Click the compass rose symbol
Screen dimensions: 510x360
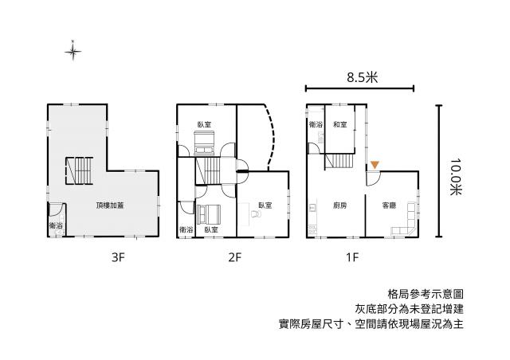(73, 51)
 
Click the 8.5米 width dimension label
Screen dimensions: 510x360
(362, 78)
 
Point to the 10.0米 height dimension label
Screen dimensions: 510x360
(456, 177)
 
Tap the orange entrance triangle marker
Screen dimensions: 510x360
(375, 165)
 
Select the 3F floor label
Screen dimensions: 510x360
(118, 257)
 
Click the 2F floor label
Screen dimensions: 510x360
(235, 257)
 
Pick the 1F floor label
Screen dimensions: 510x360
(352, 257)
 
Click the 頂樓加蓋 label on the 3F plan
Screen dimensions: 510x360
(110, 205)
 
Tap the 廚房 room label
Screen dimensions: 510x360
(339, 205)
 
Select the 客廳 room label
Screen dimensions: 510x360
(389, 205)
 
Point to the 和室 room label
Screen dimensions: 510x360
(340, 124)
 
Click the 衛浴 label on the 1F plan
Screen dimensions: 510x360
(316, 124)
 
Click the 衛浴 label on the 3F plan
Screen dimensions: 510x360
(56, 225)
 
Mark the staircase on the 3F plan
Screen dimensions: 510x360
(80, 171)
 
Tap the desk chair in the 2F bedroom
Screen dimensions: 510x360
(256, 213)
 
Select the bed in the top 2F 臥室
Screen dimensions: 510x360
(204, 143)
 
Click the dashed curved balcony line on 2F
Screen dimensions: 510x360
(271, 137)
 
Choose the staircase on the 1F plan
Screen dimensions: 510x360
(339, 161)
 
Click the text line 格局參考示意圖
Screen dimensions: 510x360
(426, 295)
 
